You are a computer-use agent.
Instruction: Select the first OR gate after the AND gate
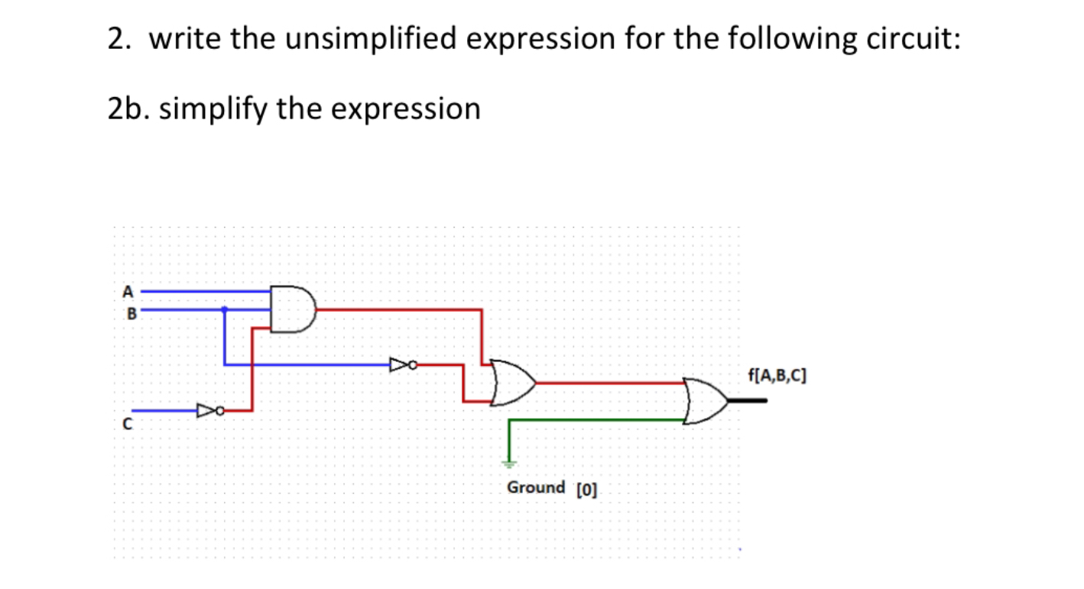point(511,382)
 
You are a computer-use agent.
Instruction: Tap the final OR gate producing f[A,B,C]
point(706,400)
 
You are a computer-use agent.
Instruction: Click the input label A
point(128,291)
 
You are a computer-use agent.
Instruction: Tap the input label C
point(128,426)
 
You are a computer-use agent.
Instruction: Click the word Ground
point(536,487)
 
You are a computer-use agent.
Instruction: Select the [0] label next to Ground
point(586,489)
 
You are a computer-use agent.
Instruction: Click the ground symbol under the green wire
point(509,462)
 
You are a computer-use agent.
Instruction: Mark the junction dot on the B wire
point(224,309)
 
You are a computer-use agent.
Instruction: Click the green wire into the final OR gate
point(596,419)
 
